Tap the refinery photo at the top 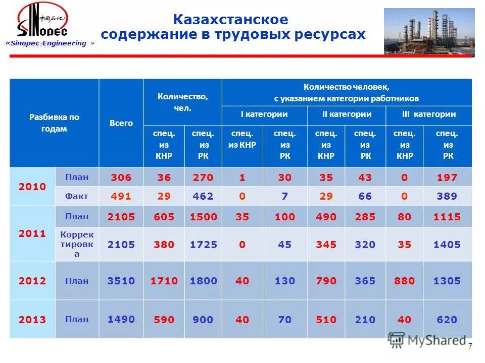click(x=429, y=31)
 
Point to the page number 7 click(x=470, y=346)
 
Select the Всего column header click(x=121, y=123)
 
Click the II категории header click(x=347, y=114)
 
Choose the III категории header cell click(x=428, y=114)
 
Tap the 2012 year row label click(x=32, y=281)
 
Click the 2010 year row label click(x=32, y=187)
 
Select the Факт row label click(x=77, y=196)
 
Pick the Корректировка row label click(x=77, y=244)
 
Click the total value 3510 click(x=121, y=281)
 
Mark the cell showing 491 click(x=121, y=196)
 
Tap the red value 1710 click(x=164, y=281)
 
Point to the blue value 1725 click(x=204, y=245)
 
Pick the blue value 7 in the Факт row click(x=285, y=196)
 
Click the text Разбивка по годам click(x=54, y=123)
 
